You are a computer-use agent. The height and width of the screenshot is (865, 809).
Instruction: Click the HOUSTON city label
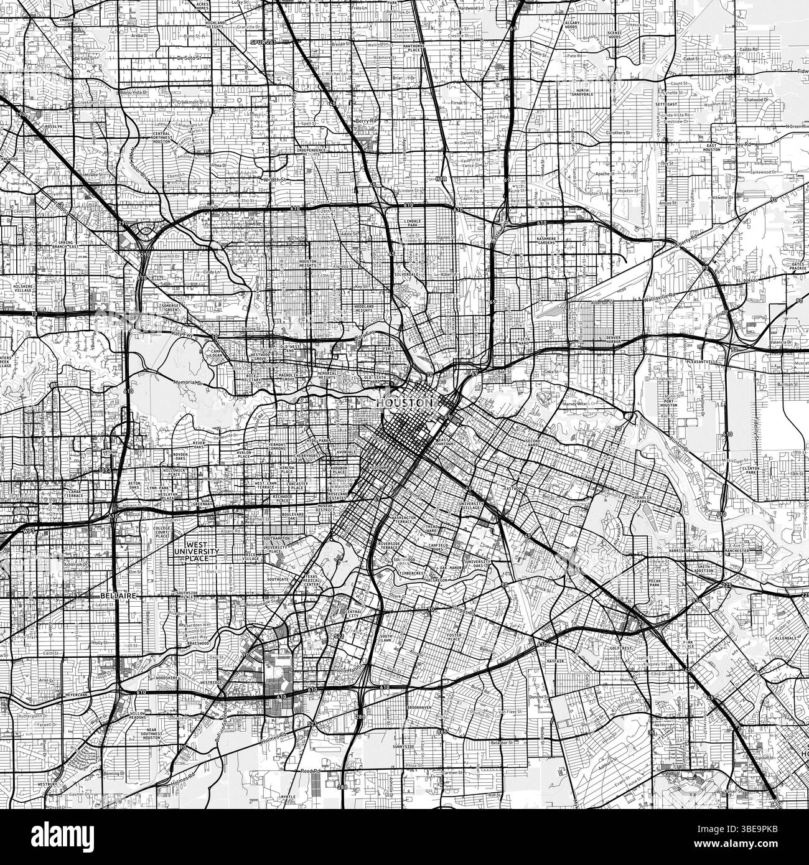(404, 403)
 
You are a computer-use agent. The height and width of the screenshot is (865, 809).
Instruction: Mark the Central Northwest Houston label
(162, 138)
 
